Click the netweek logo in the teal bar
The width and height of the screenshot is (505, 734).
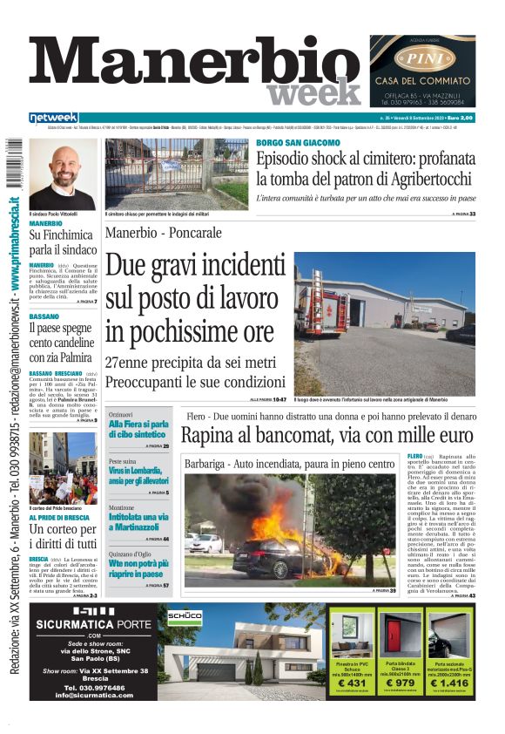pyautogui.click(x=53, y=118)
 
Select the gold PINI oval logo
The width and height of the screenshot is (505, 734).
pyautogui.click(x=421, y=59)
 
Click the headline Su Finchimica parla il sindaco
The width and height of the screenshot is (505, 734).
pyautogui.click(x=62, y=241)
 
